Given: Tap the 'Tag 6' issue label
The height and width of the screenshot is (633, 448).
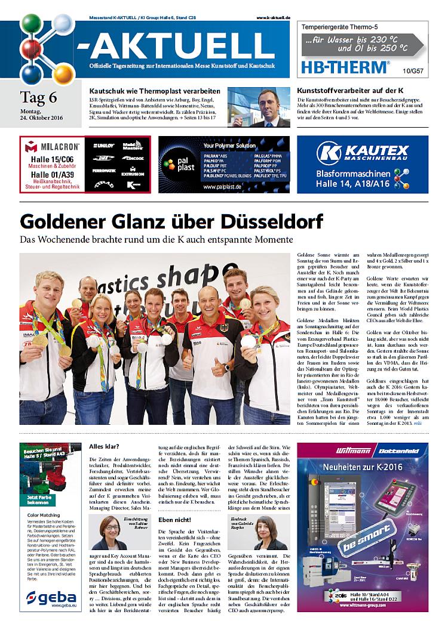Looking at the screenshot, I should [x=39, y=97].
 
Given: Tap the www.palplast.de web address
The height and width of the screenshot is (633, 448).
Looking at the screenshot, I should [x=222, y=187].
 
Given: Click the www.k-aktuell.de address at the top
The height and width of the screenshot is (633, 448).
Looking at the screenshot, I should [x=272, y=18].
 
